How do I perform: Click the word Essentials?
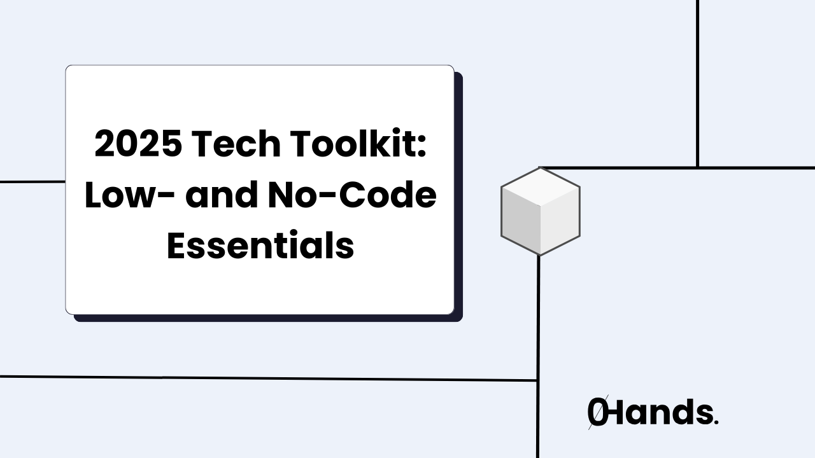pos(260,247)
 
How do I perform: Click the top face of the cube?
pos(541,186)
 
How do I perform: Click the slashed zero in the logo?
pos(597,413)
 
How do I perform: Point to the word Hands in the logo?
pos(659,413)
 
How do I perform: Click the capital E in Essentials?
pos(177,247)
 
